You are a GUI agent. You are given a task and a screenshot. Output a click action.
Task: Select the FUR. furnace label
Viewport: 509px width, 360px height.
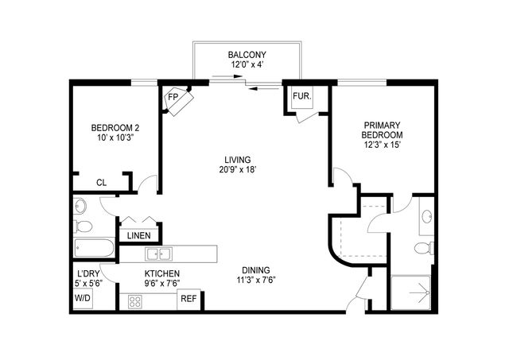pos(301,95)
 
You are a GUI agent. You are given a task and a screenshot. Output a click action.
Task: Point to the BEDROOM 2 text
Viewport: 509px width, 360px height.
pos(115,128)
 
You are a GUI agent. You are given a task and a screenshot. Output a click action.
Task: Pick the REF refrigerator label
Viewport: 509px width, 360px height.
pos(188,300)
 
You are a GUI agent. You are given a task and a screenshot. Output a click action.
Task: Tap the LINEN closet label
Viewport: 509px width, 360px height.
pos(140,234)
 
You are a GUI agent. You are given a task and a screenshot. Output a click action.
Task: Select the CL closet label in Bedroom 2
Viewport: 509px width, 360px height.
pos(101,182)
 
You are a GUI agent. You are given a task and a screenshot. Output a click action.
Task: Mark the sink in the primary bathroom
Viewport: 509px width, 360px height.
pos(425,216)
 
